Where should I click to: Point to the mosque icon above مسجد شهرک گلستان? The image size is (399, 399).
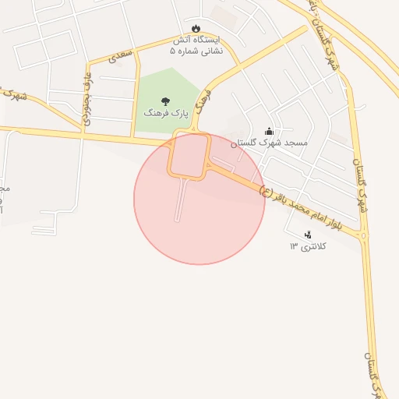[x=270, y=131]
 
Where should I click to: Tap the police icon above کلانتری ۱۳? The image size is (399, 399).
[x=308, y=233]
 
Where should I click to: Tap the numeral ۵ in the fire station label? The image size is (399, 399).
[x=173, y=51]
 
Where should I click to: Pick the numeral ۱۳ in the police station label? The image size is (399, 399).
[x=294, y=246]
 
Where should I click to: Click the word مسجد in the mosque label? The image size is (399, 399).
[x=298, y=143]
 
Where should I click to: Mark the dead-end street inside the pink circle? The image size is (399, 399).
[x=182, y=199]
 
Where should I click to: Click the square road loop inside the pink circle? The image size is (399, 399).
[x=189, y=155]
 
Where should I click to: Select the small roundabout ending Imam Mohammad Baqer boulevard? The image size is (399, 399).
[x=364, y=235]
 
